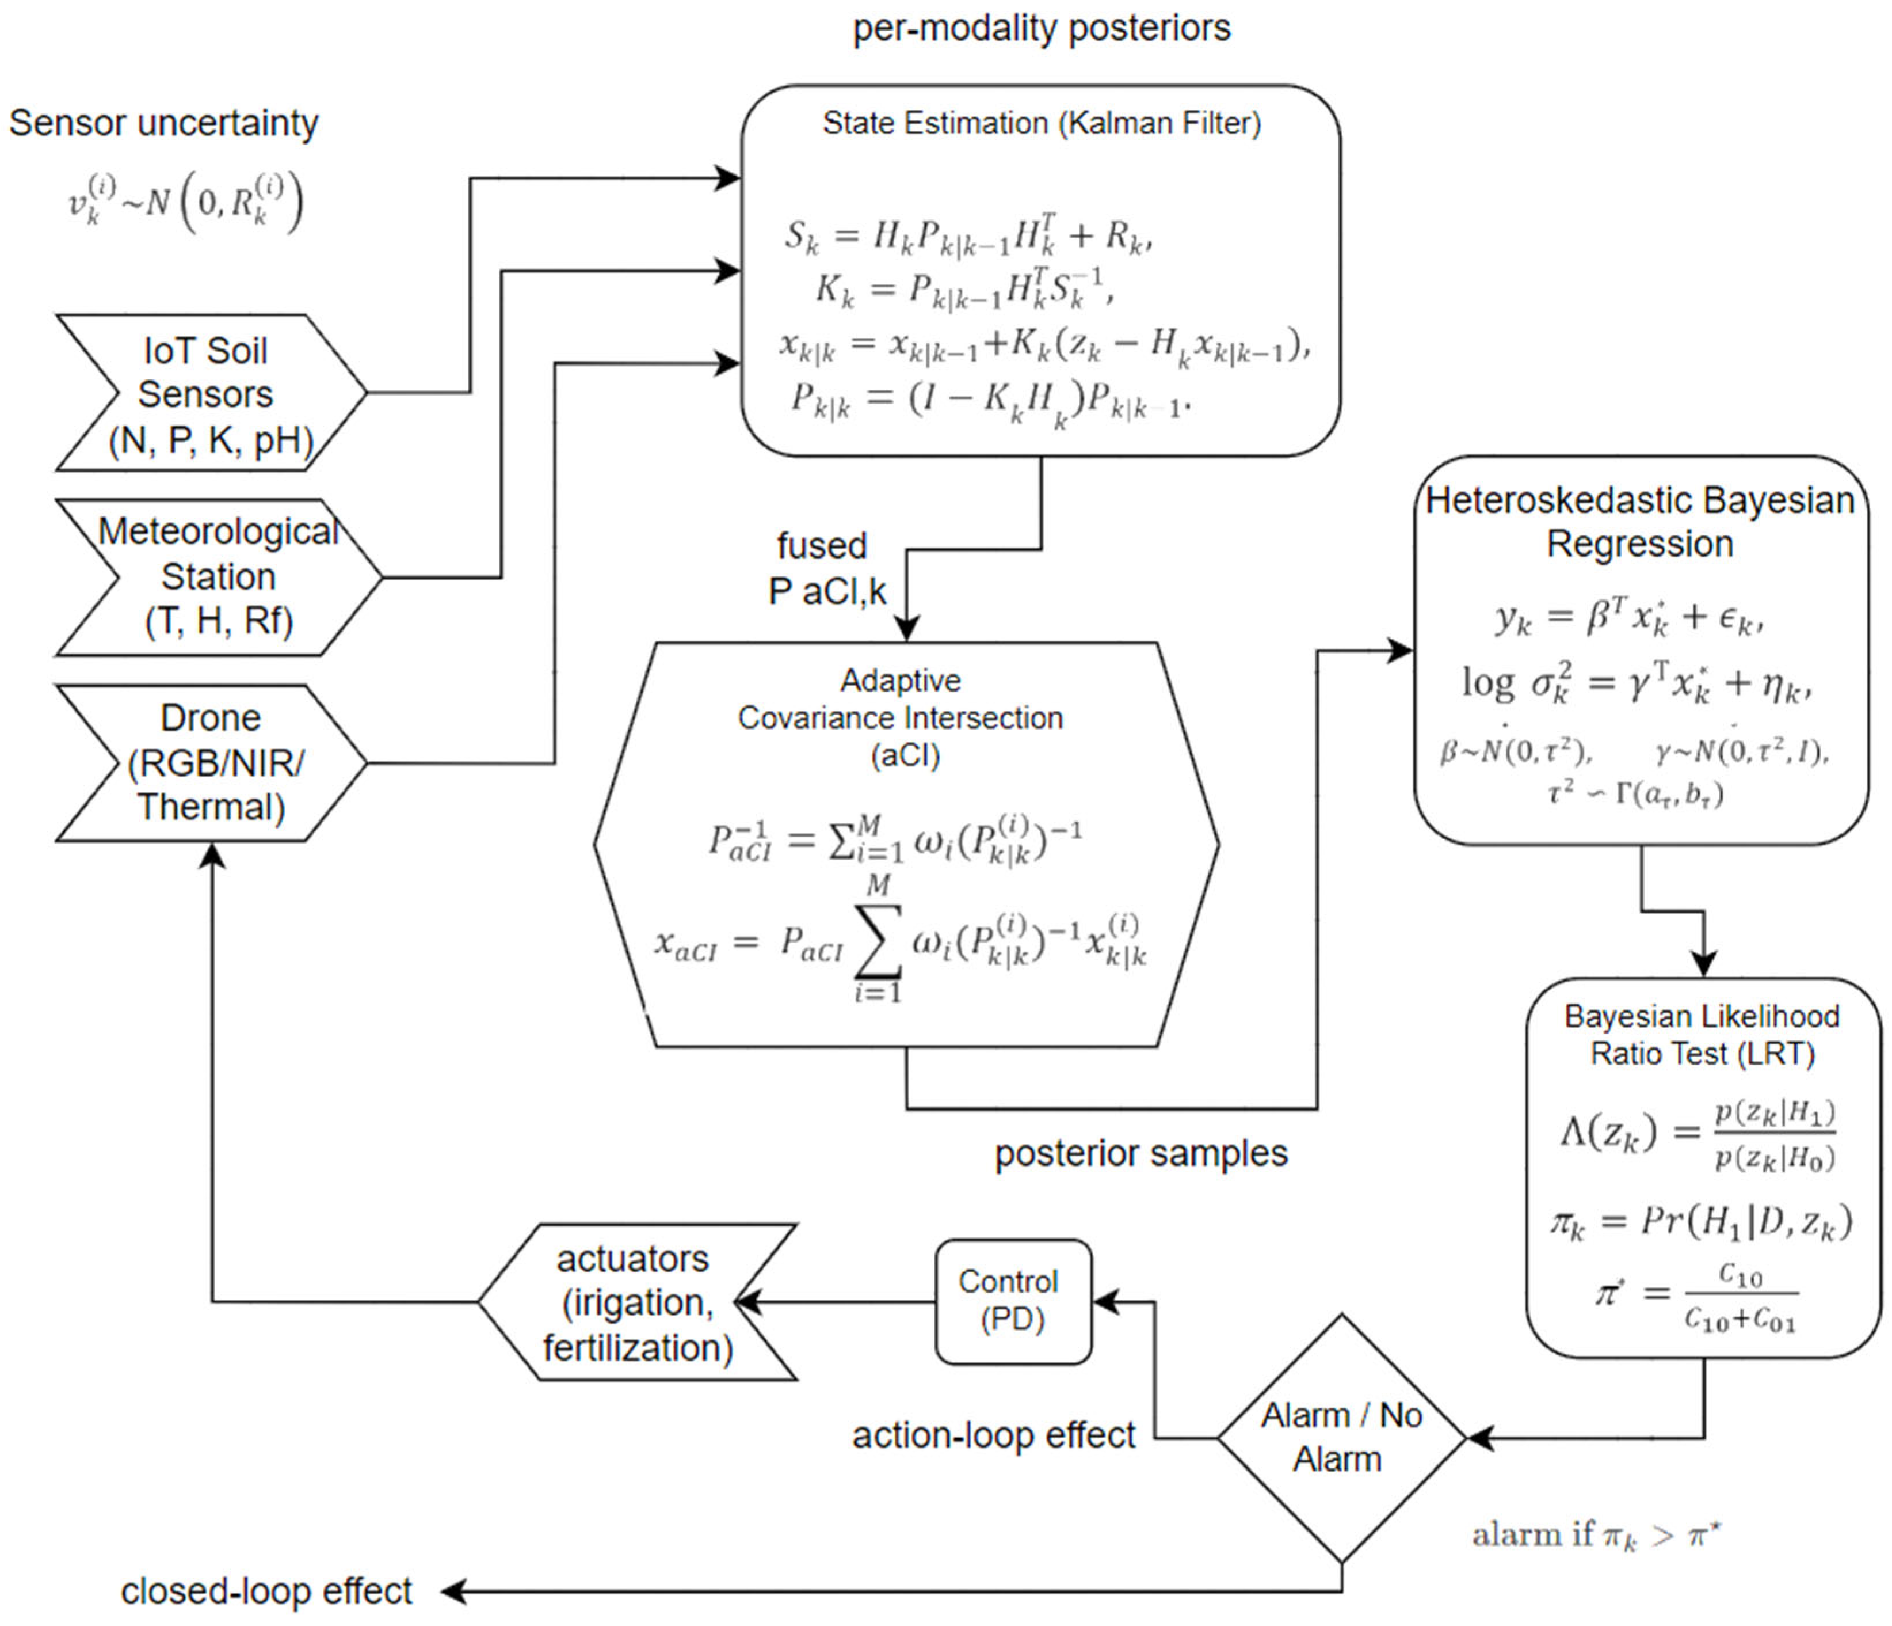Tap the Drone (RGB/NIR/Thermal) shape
tap(210, 763)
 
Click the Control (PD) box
tap(1013, 1301)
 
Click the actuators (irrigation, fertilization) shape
tap(636, 1302)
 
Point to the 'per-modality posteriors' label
tap(1041, 28)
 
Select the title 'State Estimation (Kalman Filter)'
tap(1041, 123)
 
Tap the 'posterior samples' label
tap(1140, 1153)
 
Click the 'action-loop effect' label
tap(994, 1435)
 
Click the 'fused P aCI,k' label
tap(826, 568)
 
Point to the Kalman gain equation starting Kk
tap(963, 288)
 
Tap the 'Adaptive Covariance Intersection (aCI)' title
tap(901, 718)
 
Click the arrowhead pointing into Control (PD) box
tap(1105, 1302)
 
